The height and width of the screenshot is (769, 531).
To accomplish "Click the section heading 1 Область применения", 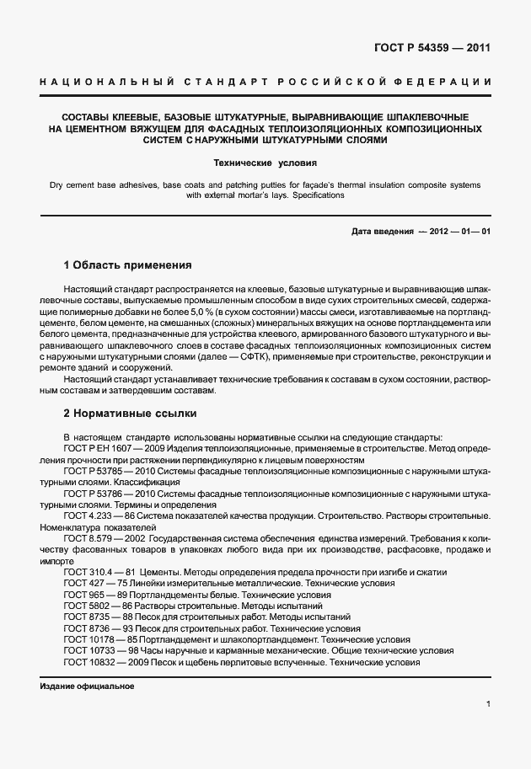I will (x=127, y=265).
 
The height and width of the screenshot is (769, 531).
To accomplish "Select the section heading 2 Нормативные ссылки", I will (x=130, y=414).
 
